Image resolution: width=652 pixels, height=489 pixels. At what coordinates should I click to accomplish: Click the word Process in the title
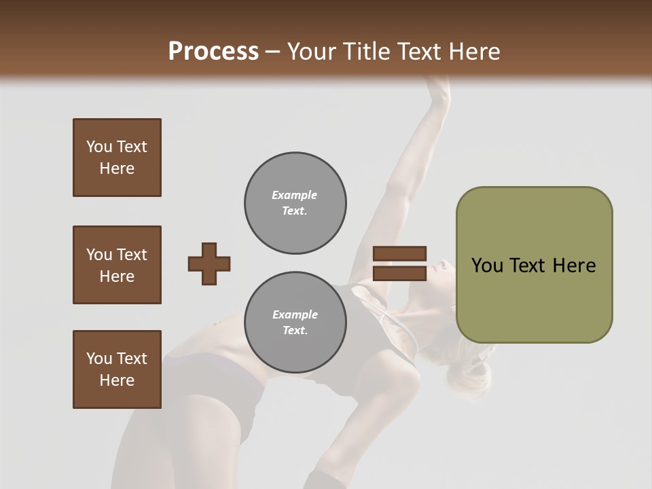pyautogui.click(x=213, y=52)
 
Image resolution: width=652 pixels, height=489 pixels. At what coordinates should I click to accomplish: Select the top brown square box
pyautogui.click(x=117, y=158)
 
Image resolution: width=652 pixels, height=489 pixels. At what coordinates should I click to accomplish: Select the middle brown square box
pyautogui.click(x=117, y=265)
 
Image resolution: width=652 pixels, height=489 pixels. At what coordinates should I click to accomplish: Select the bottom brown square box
pyautogui.click(x=117, y=369)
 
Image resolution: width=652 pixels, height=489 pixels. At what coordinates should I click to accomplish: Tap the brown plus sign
pyautogui.click(x=209, y=264)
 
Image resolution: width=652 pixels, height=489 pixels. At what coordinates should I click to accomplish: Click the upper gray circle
pyautogui.click(x=295, y=203)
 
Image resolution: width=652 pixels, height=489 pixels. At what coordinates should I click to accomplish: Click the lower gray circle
pyautogui.click(x=295, y=323)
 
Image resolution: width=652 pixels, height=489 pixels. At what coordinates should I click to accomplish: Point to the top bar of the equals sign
pyautogui.click(x=399, y=254)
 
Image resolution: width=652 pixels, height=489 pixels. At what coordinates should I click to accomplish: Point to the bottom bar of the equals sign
pyautogui.click(x=399, y=273)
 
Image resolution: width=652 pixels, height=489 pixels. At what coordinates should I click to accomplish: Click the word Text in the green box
pyautogui.click(x=527, y=266)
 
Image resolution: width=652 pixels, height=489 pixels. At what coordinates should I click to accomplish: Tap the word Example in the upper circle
pyautogui.click(x=295, y=196)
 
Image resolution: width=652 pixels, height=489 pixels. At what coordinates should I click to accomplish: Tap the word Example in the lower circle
pyautogui.click(x=295, y=315)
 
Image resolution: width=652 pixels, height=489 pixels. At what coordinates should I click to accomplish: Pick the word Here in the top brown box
pyautogui.click(x=117, y=168)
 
